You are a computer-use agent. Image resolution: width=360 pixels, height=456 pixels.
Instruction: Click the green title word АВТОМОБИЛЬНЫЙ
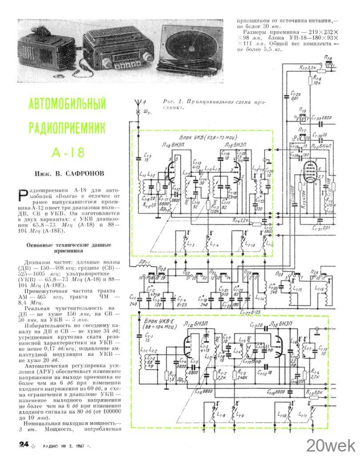pyautogui.click(x=68, y=104)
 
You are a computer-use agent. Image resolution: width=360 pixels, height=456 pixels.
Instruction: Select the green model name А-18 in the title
pyautogui.click(x=68, y=152)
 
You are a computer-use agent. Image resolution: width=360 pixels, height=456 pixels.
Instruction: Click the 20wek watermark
pyautogui.click(x=330, y=444)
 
